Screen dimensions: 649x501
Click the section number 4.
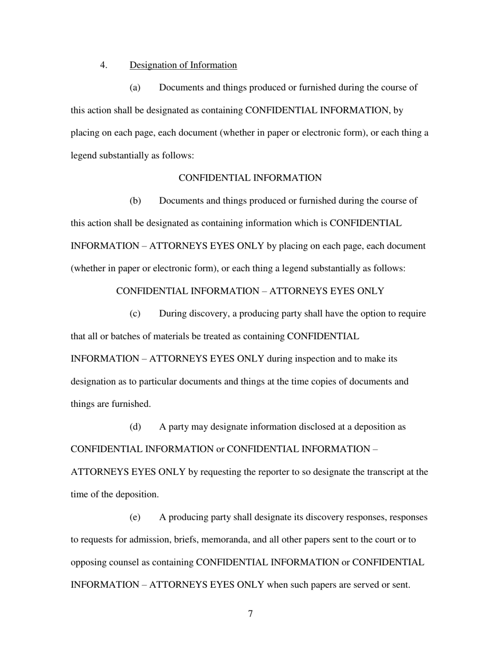[103, 65]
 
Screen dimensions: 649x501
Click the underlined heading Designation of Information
[183, 65]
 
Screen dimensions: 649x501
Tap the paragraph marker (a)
[135, 88]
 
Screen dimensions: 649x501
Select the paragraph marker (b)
[135, 201]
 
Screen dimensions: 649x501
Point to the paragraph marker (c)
[135, 313]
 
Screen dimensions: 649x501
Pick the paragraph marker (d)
[135, 426]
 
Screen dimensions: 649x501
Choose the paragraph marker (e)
[135, 517]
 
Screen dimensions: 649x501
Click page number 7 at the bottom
[250, 613]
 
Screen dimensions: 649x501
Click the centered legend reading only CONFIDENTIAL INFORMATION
[250, 178]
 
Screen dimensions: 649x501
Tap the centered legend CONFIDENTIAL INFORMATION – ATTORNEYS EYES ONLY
[250, 291]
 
